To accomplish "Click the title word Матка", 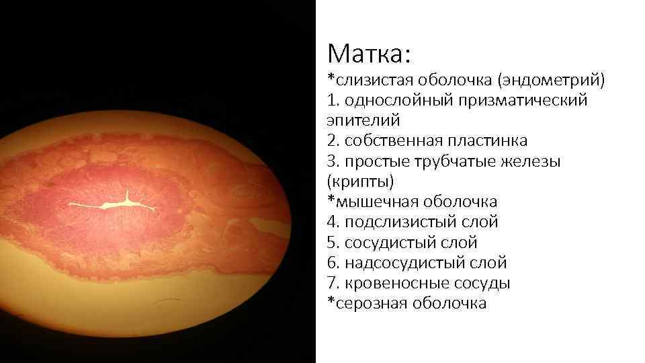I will tap(368, 52).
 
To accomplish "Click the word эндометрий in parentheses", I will tap(550, 81).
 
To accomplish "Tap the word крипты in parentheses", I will tap(360, 182).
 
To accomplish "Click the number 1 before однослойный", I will tap(331, 101).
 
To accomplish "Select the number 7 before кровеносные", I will tap(331, 283).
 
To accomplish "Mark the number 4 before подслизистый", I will tap(331, 222).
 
